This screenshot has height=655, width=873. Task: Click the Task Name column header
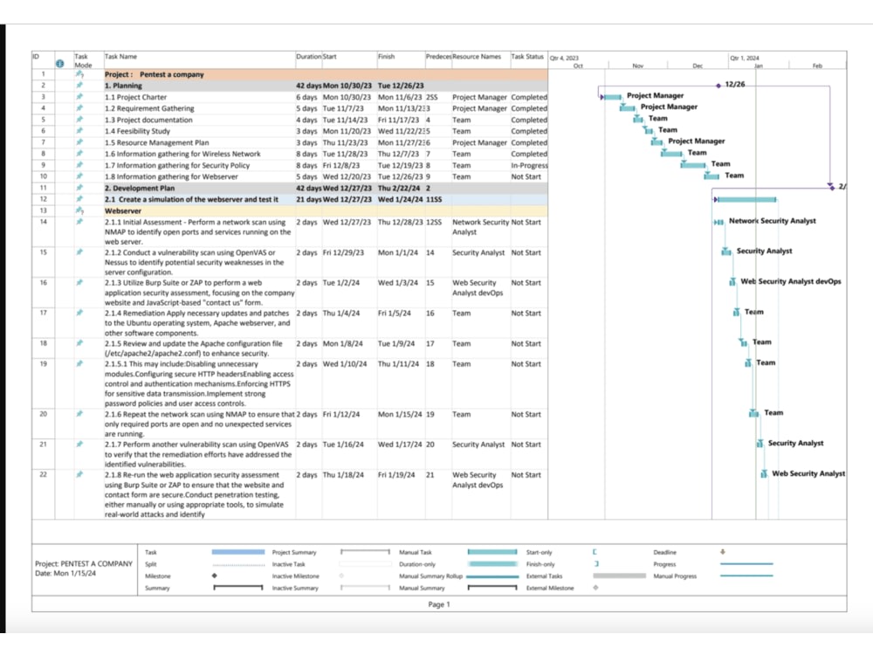120,57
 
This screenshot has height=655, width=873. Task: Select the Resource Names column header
477,57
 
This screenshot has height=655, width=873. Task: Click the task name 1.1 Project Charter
135,97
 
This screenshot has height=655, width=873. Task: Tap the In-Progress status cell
529,165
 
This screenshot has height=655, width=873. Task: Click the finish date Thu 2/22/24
400,188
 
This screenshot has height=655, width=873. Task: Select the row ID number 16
43,283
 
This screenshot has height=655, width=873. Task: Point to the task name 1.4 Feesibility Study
137,131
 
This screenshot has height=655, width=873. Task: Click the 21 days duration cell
308,199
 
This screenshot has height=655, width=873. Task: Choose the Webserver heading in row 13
123,210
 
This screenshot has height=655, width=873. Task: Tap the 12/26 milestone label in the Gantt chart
735,85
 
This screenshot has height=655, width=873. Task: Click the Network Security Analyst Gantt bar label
773,221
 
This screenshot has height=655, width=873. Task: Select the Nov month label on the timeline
637,65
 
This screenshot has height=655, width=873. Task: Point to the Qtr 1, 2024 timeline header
745,58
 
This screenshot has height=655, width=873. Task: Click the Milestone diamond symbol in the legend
214,576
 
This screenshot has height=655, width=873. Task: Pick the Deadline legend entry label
664,552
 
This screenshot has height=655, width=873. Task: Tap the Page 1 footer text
439,604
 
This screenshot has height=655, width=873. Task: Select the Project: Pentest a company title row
155,74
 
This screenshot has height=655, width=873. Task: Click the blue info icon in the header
59,63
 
